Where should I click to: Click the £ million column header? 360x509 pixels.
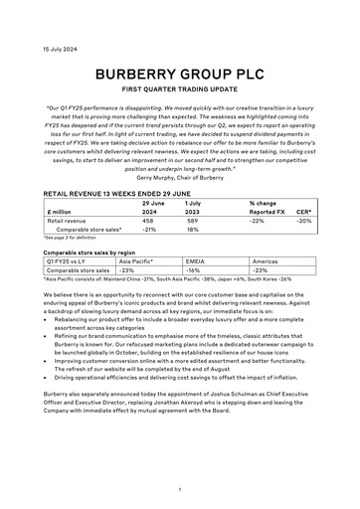click(x=63, y=212)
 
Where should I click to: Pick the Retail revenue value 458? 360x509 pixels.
click(x=149, y=221)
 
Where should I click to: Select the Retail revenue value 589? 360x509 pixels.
click(x=193, y=221)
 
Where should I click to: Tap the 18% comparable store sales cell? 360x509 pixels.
click(x=192, y=230)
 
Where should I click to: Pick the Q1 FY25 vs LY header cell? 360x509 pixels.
click(x=70, y=260)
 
